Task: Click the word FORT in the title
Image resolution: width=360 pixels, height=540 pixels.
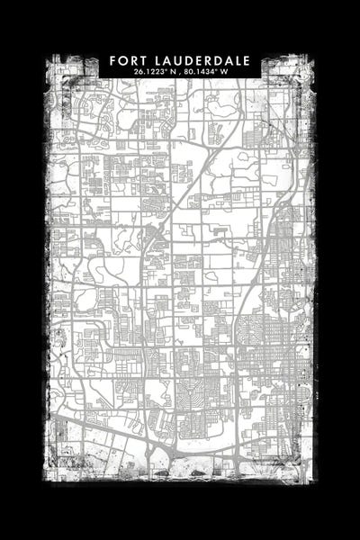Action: tap(128, 60)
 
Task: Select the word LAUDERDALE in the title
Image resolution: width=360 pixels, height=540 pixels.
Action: tap(201, 60)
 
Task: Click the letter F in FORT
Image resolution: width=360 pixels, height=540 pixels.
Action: tap(113, 60)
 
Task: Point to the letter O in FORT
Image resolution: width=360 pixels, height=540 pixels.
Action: tap(122, 60)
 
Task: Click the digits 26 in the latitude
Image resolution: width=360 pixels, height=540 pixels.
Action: tap(137, 71)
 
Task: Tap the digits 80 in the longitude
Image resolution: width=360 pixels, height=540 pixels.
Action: tap(188, 71)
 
